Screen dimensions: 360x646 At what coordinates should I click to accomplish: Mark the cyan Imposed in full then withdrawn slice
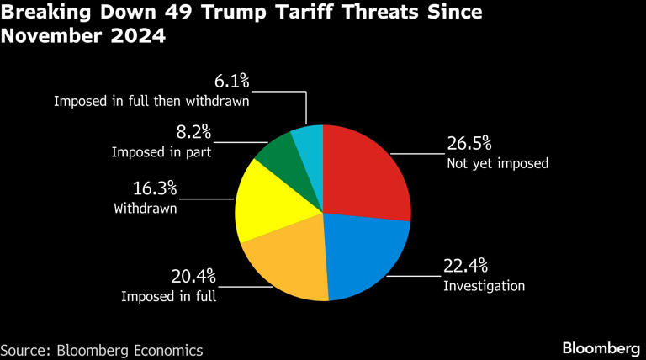coord(309,140)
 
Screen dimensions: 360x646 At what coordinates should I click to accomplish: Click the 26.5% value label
coord(469,142)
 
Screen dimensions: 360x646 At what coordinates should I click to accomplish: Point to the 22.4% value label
coord(465,267)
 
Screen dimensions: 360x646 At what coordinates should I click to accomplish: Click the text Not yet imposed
coord(497,162)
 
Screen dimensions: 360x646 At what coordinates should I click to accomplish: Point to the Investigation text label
coord(484,286)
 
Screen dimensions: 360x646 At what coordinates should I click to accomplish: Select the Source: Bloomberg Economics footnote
coord(102,348)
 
